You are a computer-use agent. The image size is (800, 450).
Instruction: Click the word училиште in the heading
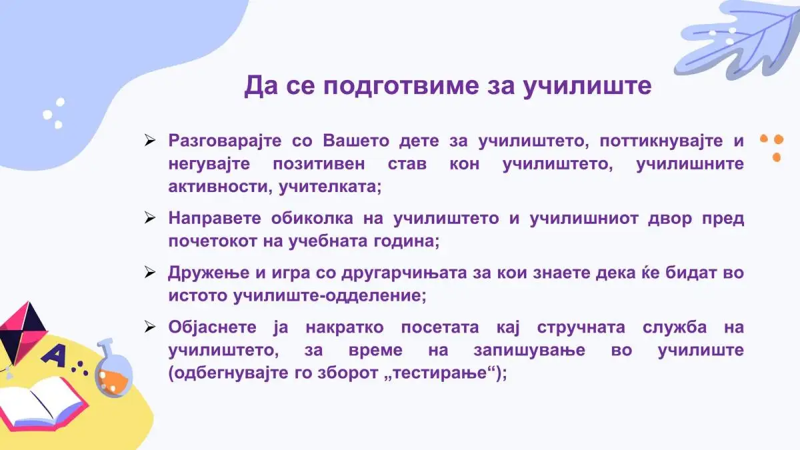587,86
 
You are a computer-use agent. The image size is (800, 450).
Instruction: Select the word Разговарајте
225,141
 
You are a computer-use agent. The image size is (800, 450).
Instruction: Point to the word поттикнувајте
661,141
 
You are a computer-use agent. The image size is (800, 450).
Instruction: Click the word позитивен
319,164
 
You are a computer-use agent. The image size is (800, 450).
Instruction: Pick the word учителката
330,187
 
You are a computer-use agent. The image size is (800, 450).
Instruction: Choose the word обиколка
312,218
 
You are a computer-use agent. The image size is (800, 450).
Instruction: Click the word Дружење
209,273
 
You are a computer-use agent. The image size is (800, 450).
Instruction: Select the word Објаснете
212,327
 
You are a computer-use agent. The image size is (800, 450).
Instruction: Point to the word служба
675,327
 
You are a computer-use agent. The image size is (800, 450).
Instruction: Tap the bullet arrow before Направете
149,217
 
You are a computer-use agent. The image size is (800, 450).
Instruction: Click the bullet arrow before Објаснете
149,327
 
